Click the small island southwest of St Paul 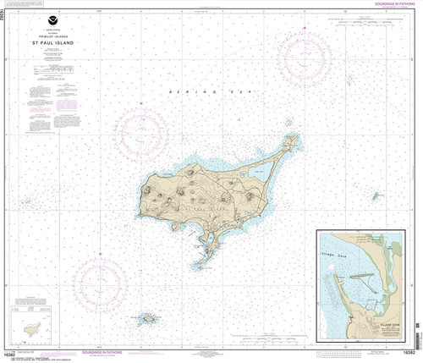tap(147, 319)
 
